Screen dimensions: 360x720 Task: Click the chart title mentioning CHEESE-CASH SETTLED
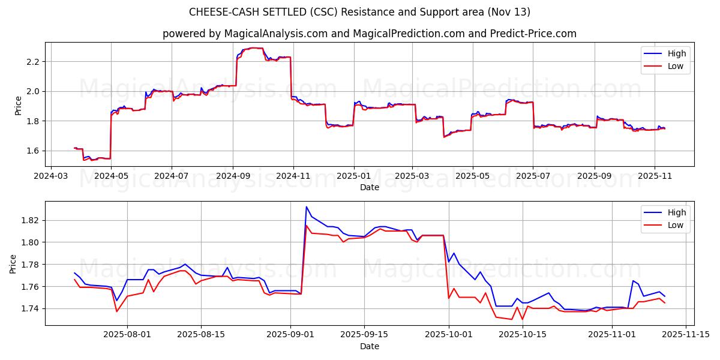coord(360,12)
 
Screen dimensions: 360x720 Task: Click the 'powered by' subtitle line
coord(369,34)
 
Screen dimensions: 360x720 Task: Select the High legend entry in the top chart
coord(676,53)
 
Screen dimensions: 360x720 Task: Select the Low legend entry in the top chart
coord(676,66)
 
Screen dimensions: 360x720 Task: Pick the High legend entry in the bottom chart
coord(676,212)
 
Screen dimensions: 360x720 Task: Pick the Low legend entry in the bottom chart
coord(676,225)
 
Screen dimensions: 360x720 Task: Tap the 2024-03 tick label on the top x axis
coord(50,176)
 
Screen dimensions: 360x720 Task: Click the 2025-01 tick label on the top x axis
coord(353,176)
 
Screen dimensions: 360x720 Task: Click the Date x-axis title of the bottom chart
coord(369,346)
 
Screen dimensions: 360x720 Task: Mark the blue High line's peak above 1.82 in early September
coord(307,207)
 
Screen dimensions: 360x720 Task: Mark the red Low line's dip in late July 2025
coord(117,311)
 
